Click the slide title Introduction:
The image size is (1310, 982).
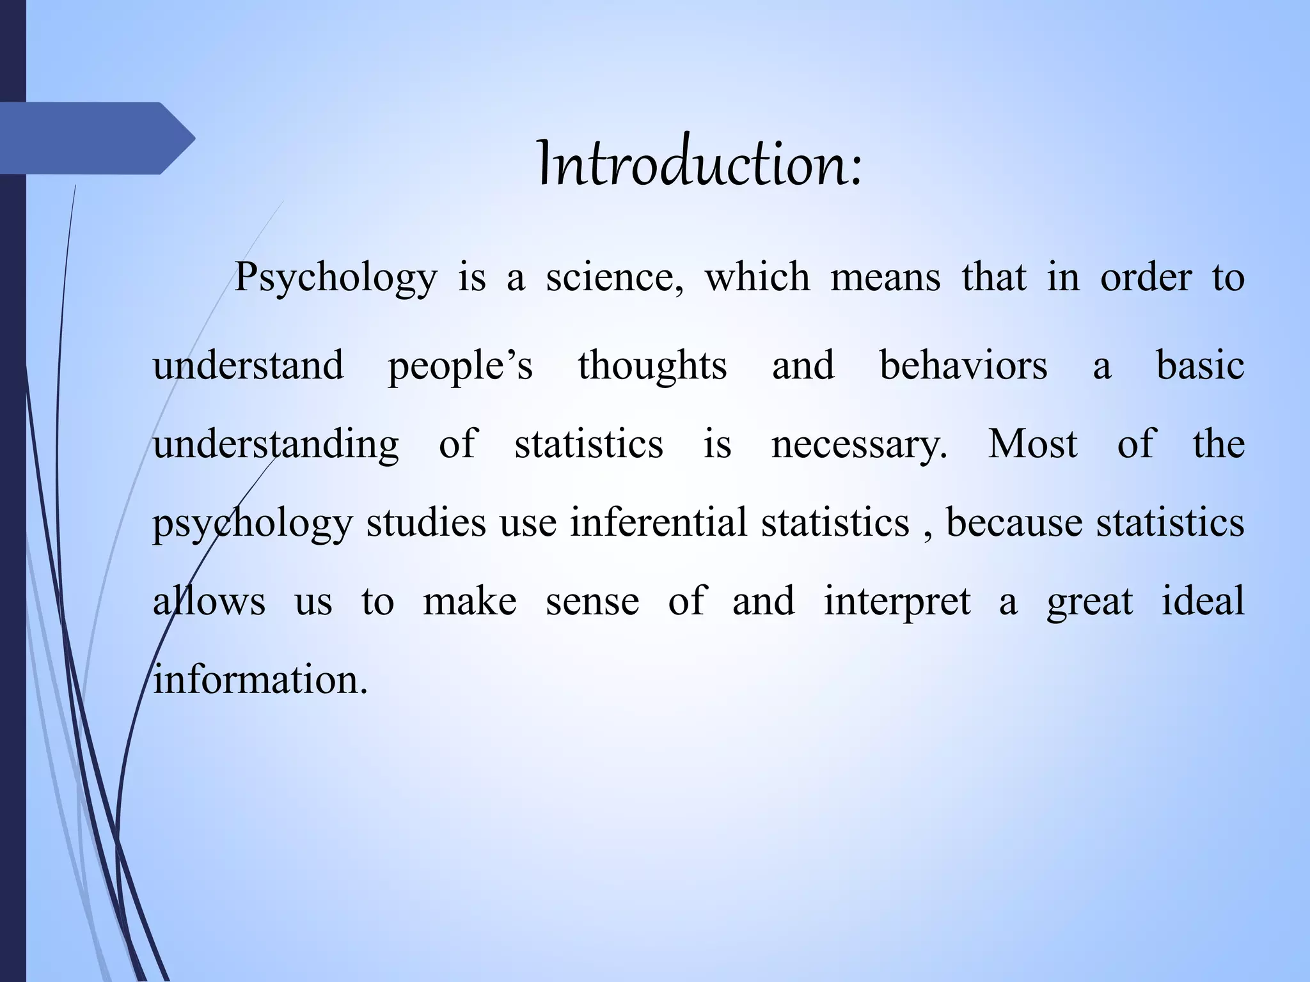click(x=700, y=163)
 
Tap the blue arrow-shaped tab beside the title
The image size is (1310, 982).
click(x=96, y=138)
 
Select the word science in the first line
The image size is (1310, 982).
click(x=614, y=277)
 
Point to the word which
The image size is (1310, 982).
click(x=757, y=277)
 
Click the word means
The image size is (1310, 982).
click(x=885, y=277)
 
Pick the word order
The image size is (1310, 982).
click(x=1146, y=277)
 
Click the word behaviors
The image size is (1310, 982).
click(x=963, y=366)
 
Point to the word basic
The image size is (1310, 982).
click(x=1200, y=366)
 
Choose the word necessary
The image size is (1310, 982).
click(x=859, y=445)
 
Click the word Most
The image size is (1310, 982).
click(x=1032, y=444)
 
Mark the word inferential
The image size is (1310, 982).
click(x=659, y=522)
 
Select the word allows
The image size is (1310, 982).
click(x=209, y=601)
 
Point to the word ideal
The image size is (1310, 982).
click(x=1203, y=601)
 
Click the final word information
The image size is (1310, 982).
click(x=260, y=679)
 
